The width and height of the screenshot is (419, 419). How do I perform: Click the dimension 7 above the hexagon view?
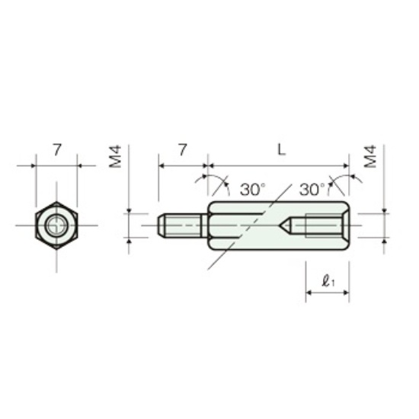coord(57,150)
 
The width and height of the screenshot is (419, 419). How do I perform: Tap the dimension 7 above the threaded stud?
coord(183,150)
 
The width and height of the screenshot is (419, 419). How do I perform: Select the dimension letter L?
coord(281,150)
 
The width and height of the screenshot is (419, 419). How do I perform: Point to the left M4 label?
coord(115,157)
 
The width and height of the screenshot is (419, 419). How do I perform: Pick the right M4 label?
coord(371,157)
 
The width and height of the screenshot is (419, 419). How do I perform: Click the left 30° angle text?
coord(252,190)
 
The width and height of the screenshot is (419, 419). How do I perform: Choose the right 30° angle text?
coord(312,190)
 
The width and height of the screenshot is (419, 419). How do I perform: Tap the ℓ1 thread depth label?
coord(328,281)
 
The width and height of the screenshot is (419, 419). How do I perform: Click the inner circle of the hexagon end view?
coord(56,225)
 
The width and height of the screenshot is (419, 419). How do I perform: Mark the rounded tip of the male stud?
coord(159,225)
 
